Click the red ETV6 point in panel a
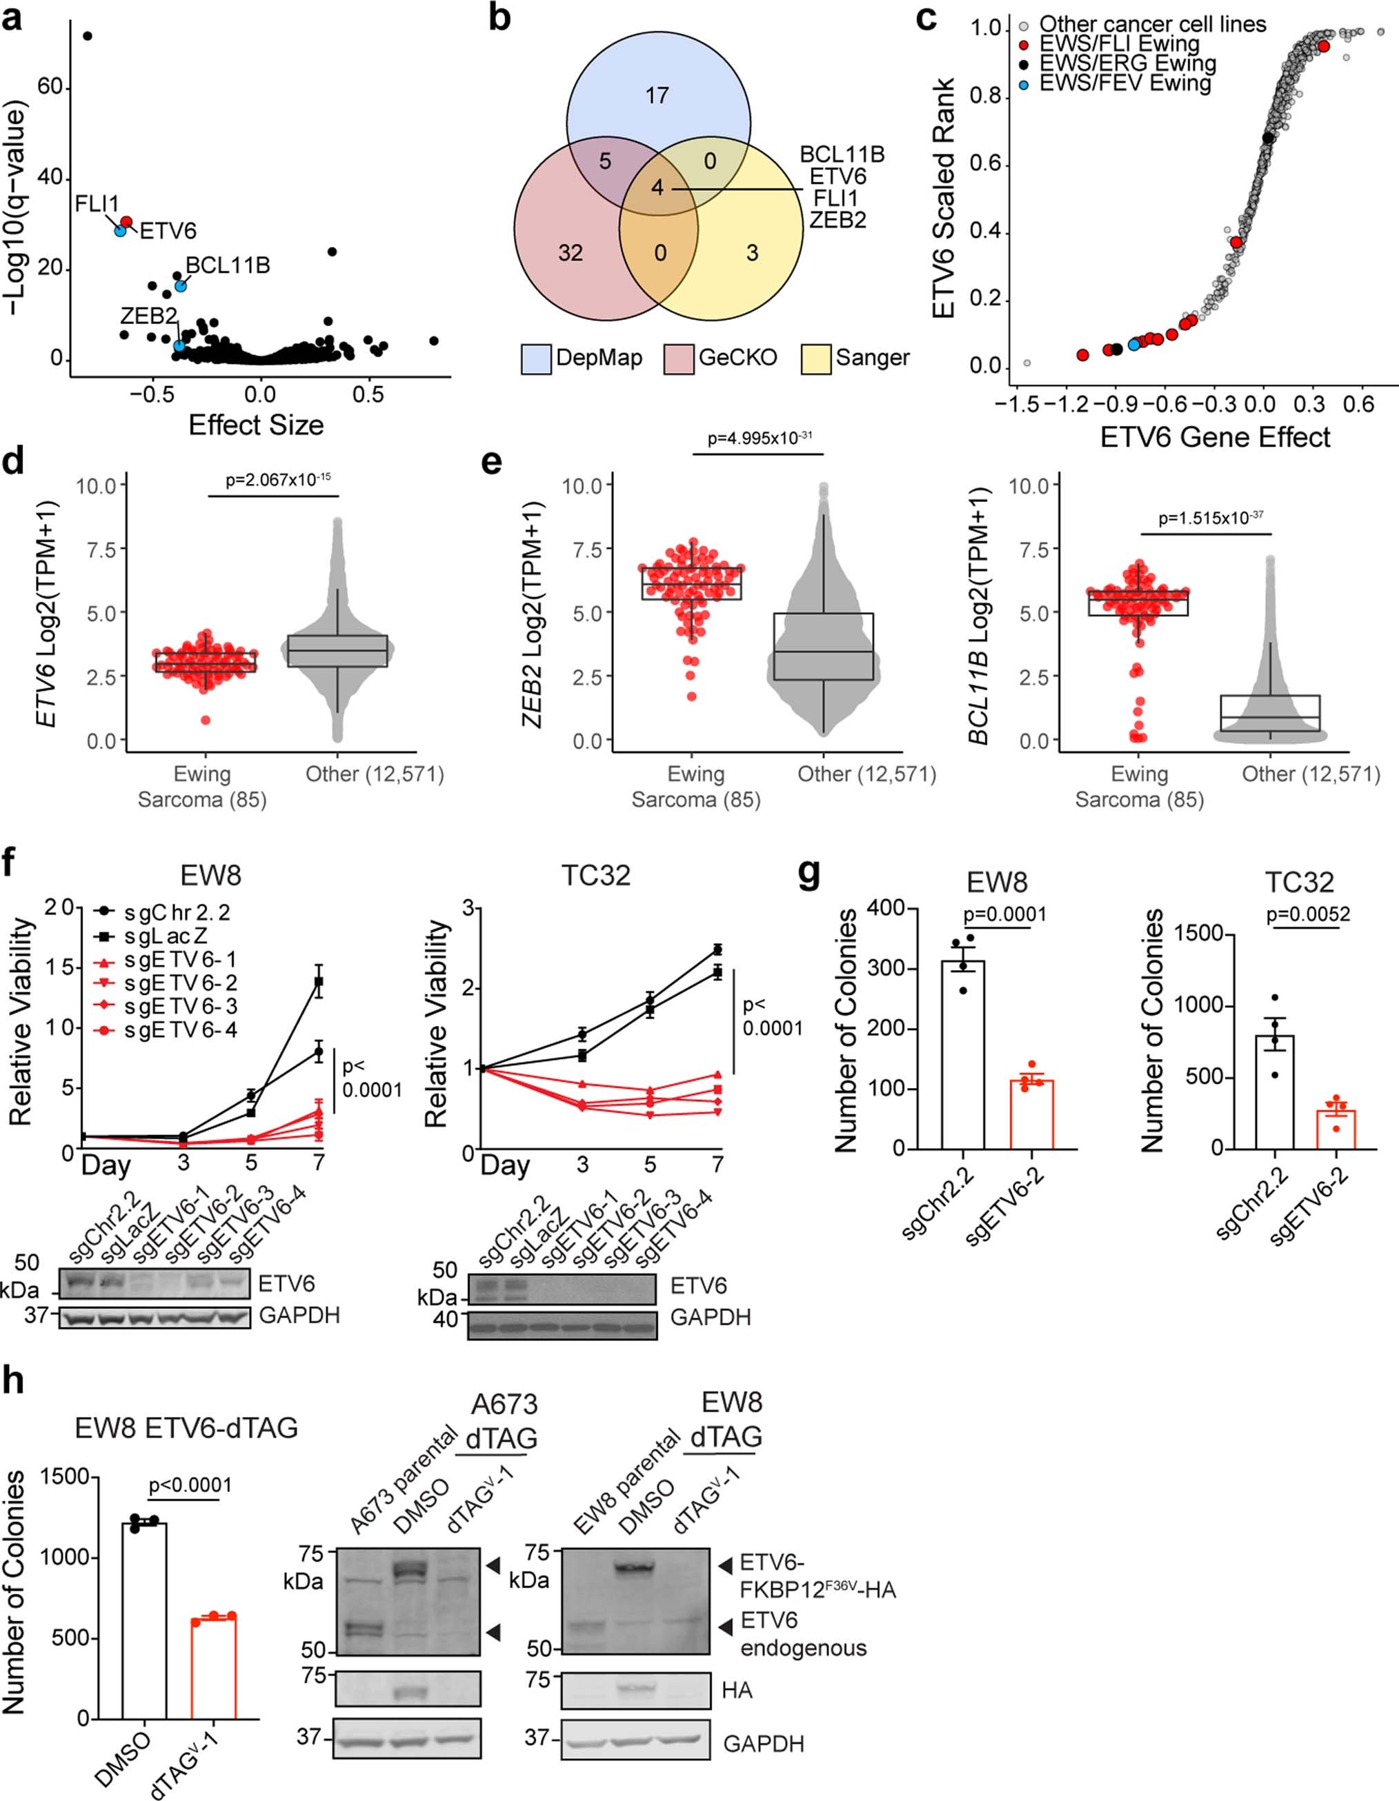pyautogui.click(x=126, y=222)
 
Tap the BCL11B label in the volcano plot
pyautogui.click(x=228, y=265)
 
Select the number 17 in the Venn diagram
pyautogui.click(x=657, y=96)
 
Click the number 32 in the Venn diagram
pyautogui.click(x=570, y=252)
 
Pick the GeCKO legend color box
pyautogui.click(x=679, y=359)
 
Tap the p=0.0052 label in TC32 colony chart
pyautogui.click(x=1307, y=914)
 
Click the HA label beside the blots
pyautogui.click(x=737, y=1691)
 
